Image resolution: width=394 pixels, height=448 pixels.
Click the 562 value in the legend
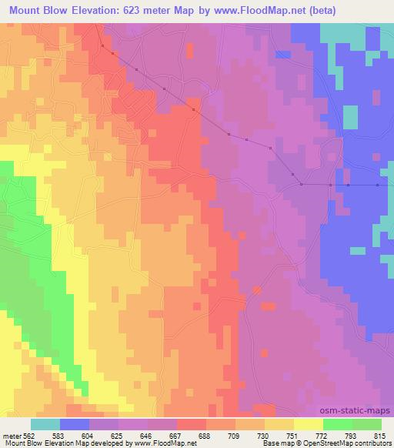point(29,435)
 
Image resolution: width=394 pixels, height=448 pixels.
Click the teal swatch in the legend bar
point(45,424)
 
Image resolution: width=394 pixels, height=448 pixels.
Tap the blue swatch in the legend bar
point(75,424)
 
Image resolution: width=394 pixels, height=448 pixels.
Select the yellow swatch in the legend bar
point(309,424)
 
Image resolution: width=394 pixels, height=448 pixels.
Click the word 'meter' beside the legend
point(12,435)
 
